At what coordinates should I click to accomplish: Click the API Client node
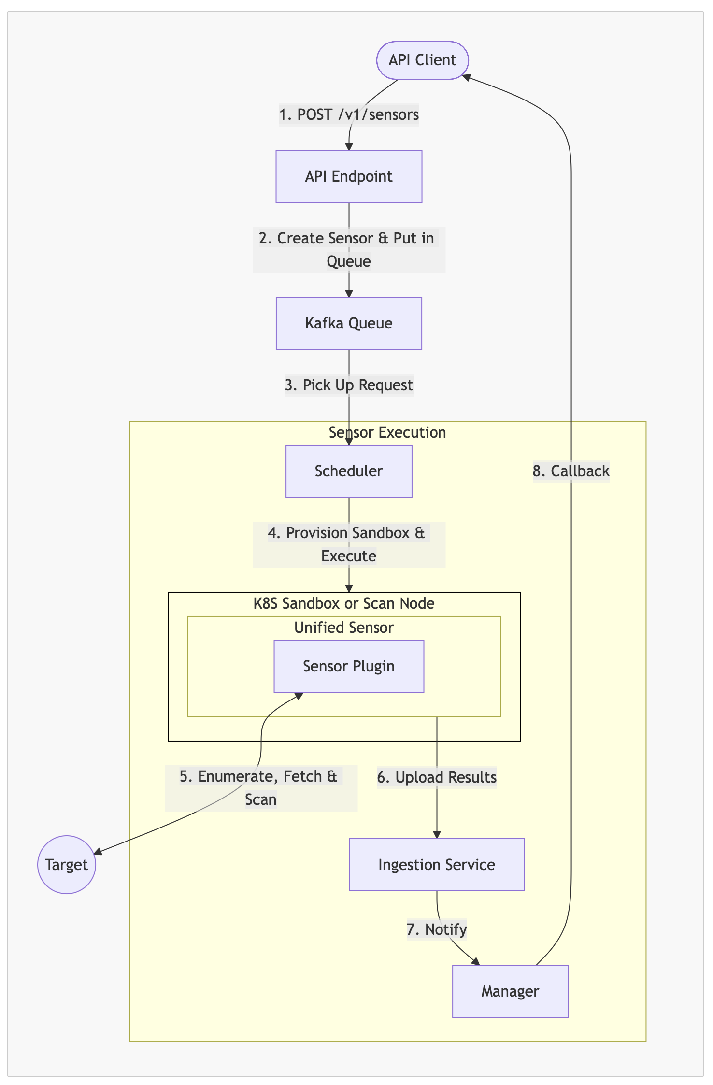[422, 60]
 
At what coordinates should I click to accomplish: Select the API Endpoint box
[349, 177]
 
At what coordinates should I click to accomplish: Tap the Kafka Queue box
[349, 323]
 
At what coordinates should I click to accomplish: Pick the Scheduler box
[349, 471]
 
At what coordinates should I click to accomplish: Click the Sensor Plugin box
[349, 666]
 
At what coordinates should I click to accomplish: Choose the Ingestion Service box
[437, 864]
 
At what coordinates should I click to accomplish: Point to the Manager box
[510, 991]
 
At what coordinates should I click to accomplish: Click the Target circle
[67, 864]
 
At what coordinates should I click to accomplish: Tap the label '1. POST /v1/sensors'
[349, 115]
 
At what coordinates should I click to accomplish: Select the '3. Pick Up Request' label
[349, 385]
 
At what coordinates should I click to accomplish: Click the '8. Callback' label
[571, 471]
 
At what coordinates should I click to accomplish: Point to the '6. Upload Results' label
[437, 777]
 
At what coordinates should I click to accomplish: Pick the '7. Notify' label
[437, 929]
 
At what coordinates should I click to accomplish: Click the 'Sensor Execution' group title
[387, 432]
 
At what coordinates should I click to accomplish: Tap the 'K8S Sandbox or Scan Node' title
[344, 603]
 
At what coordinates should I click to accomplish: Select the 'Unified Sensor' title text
[344, 628]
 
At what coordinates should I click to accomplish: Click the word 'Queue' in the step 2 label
[349, 262]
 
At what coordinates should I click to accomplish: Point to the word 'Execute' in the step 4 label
[349, 557]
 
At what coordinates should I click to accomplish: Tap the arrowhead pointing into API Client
[466, 76]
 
